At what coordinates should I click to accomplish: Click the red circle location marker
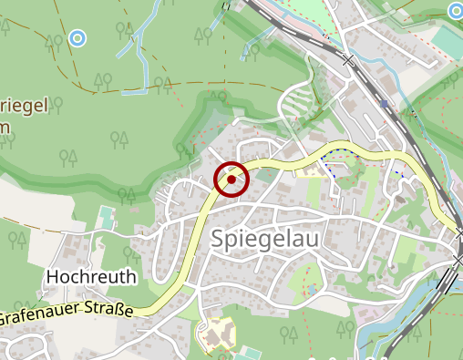(231, 180)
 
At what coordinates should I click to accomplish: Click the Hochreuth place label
(91, 276)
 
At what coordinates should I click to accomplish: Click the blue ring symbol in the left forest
(77, 38)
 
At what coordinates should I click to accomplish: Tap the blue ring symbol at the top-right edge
(456, 11)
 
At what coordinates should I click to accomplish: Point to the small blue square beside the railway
(386, 104)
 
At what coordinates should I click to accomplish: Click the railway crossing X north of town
(347, 60)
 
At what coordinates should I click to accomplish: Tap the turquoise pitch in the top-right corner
(447, 41)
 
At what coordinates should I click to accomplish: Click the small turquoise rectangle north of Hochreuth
(108, 218)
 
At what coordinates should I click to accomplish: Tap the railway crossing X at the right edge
(457, 262)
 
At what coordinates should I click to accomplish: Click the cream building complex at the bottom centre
(219, 334)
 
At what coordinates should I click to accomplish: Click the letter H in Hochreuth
(52, 276)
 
